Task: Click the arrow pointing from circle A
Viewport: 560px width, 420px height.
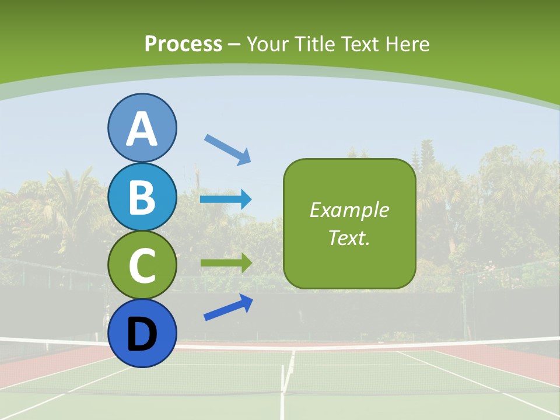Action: [x=228, y=149]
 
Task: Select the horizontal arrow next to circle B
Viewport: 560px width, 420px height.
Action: [x=226, y=199]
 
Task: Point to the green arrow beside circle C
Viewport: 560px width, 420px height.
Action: [x=226, y=263]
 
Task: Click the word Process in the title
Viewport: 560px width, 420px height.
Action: [x=183, y=44]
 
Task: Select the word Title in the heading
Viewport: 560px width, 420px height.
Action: [x=315, y=44]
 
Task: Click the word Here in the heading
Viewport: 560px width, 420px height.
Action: [x=408, y=44]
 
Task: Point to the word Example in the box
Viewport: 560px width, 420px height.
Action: [x=349, y=210]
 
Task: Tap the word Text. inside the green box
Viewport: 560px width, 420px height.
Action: [x=349, y=237]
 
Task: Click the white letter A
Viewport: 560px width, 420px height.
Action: [x=142, y=129]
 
